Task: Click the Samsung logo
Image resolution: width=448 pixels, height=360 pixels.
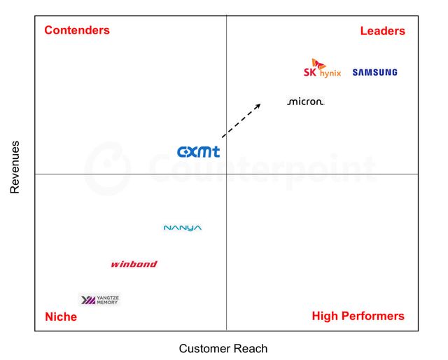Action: click(x=374, y=72)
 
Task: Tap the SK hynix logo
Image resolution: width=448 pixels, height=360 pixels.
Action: click(x=322, y=68)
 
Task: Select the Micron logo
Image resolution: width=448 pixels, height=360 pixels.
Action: click(x=305, y=102)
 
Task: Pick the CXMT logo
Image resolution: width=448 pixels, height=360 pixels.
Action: click(x=199, y=152)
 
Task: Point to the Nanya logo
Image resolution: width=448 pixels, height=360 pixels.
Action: click(x=183, y=228)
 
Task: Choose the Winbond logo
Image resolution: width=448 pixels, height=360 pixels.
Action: click(x=134, y=264)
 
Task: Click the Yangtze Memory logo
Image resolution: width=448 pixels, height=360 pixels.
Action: click(x=99, y=300)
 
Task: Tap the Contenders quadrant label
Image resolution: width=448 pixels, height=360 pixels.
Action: click(x=77, y=30)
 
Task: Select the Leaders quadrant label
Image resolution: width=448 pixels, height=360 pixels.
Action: click(x=383, y=31)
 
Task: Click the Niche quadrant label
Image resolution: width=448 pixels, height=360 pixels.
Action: click(x=61, y=317)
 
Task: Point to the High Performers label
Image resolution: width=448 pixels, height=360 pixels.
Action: click(x=358, y=316)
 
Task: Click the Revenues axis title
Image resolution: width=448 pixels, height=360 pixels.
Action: click(x=15, y=167)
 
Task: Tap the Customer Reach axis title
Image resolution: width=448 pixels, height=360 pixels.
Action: click(x=223, y=349)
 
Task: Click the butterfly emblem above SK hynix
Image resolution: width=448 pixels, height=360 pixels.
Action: click(x=318, y=64)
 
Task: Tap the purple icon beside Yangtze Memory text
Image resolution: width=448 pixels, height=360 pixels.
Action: click(x=88, y=300)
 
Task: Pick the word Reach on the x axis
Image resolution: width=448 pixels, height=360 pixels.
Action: click(x=253, y=349)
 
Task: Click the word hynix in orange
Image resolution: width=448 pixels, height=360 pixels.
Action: click(x=330, y=74)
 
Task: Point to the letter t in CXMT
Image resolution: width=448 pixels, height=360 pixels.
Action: click(x=216, y=152)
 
